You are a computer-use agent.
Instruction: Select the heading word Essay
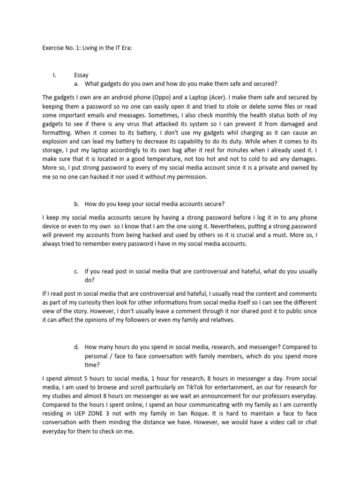pos(82,75)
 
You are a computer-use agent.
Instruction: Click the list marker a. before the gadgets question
pos(76,84)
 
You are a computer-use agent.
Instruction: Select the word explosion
pos(58,142)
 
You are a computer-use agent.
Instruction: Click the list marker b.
pos(76,204)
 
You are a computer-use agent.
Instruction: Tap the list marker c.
pos(76,271)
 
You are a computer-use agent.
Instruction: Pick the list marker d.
pos(76,347)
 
